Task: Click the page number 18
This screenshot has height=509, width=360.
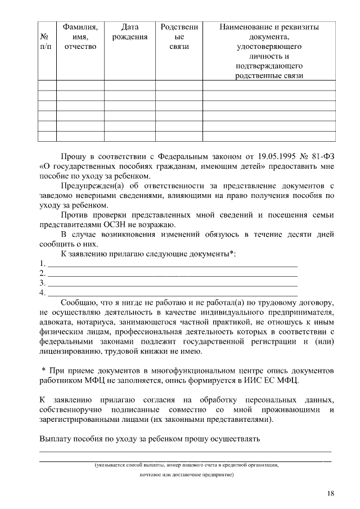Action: tap(331, 493)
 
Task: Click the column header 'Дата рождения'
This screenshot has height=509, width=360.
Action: tap(130, 32)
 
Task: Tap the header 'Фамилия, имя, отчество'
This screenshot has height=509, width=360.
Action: tap(80, 37)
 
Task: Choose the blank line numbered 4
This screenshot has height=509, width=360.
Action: tap(172, 293)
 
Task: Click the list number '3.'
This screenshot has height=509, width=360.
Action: tap(43, 283)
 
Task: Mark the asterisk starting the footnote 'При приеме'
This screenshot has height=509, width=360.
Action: tap(44, 370)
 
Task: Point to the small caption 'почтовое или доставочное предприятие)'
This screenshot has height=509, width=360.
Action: tap(186, 475)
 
